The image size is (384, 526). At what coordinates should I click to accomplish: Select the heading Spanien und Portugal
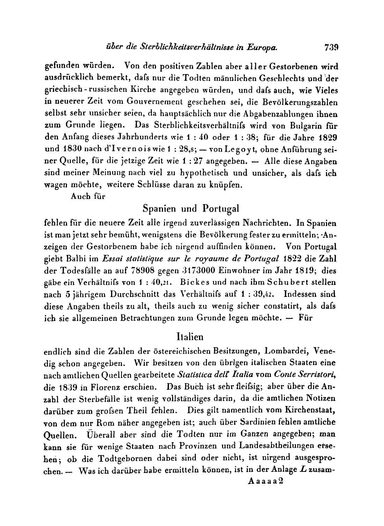191,209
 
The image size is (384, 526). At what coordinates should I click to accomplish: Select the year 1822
292,259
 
